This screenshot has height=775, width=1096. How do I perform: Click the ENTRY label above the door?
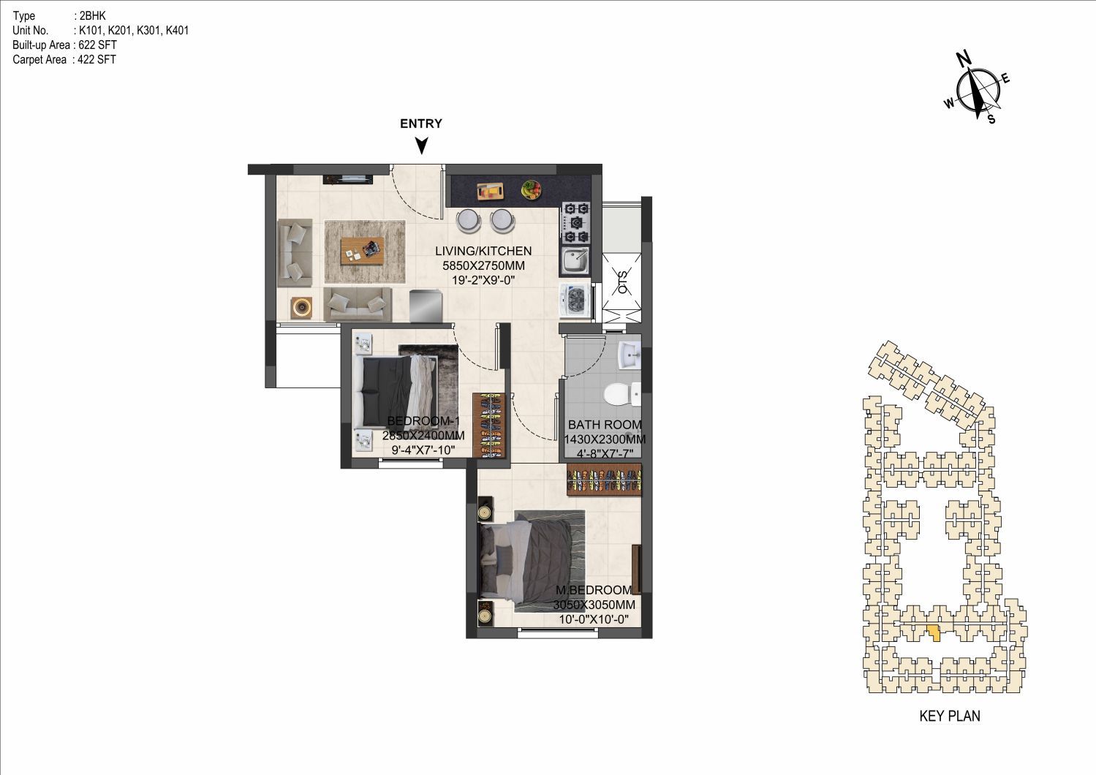click(421, 124)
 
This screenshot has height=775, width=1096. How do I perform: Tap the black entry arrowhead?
click(421, 145)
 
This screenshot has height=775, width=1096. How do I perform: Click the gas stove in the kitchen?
click(576, 222)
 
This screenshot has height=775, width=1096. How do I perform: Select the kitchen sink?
click(576, 261)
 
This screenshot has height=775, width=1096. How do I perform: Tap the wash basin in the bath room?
click(630, 355)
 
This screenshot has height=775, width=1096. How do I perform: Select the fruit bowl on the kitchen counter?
click(531, 189)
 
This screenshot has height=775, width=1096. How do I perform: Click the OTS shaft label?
click(622, 281)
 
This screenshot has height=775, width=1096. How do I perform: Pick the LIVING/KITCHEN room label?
click(483, 251)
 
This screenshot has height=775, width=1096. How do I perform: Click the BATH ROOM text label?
click(605, 425)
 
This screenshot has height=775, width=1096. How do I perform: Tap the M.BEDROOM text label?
click(594, 590)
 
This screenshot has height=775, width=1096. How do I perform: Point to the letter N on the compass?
click(964, 58)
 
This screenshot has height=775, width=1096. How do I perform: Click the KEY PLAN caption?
click(950, 717)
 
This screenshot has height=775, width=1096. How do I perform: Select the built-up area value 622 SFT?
click(98, 45)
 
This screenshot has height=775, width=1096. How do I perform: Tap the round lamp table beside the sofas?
click(301, 307)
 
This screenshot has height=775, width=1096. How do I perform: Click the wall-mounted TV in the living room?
click(348, 179)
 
